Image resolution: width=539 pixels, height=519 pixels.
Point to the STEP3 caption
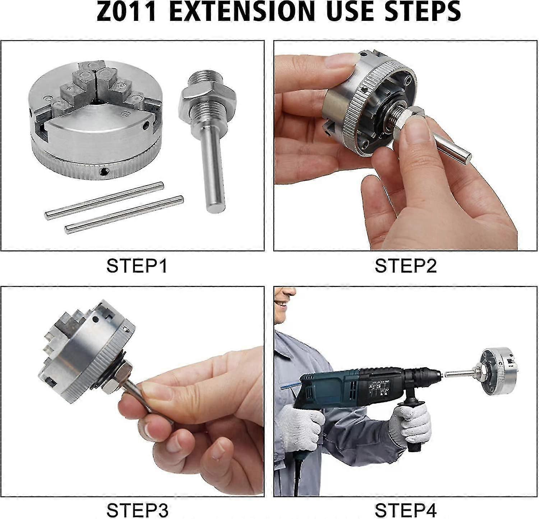[x=137, y=510]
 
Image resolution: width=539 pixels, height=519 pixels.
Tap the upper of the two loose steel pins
[x=104, y=200]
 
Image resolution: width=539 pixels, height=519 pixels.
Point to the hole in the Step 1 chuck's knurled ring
[x=103, y=170]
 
